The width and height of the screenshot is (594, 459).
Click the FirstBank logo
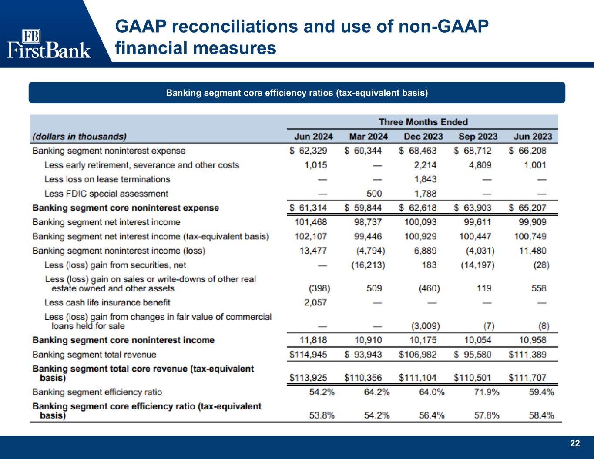(49, 44)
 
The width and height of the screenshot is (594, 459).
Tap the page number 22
(575, 443)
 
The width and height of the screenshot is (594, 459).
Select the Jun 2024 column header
(313, 136)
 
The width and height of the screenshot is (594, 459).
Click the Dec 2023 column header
(423, 136)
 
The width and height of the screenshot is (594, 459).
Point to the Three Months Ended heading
(423, 122)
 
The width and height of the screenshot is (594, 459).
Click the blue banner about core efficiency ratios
(297, 93)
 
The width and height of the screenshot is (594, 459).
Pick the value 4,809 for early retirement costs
(480, 165)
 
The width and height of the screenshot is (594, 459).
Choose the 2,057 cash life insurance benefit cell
(315, 302)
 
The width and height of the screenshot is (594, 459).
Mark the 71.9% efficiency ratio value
(487, 392)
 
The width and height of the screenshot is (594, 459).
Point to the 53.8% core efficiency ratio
(322, 415)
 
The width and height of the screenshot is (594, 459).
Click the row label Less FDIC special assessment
(106, 194)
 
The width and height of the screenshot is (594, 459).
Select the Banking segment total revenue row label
(94, 355)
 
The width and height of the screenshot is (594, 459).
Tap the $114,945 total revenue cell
(308, 355)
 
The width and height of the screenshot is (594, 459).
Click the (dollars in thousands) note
(80, 137)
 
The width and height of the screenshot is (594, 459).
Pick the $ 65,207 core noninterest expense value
(527, 208)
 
